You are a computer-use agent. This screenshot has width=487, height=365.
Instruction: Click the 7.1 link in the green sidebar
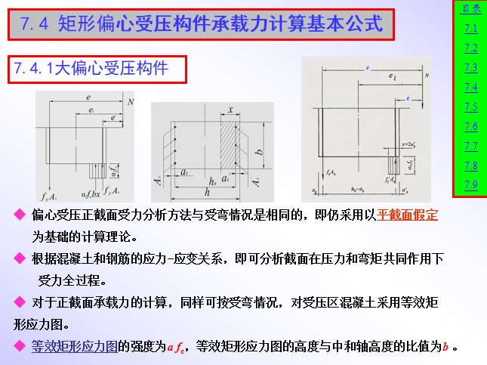[x=470, y=29]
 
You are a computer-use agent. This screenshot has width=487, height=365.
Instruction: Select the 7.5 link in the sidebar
[x=470, y=107]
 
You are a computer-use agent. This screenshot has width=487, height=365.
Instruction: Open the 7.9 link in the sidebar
[x=470, y=184]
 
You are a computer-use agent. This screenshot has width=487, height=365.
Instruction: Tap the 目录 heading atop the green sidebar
[x=470, y=9]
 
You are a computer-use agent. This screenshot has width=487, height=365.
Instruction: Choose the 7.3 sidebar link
[x=470, y=67]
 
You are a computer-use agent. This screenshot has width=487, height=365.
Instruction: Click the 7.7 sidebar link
[x=470, y=146]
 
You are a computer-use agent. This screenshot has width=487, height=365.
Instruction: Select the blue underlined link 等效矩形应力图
[x=74, y=347]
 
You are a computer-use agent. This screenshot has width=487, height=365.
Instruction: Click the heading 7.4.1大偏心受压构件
[x=100, y=69]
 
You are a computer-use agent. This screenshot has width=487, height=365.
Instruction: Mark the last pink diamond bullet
[x=20, y=347]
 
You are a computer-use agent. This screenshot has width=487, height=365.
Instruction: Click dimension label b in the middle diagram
[x=259, y=151]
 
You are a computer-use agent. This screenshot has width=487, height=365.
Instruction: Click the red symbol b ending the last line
[x=446, y=348]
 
